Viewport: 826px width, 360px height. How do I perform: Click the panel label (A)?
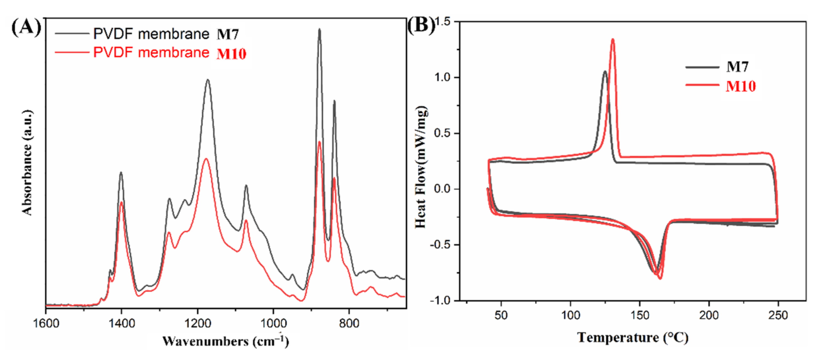tap(26, 28)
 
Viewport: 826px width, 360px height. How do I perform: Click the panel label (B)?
tap(421, 25)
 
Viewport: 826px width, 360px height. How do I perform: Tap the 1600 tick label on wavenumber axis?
tap(46, 323)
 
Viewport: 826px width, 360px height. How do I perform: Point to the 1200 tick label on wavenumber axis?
tap(197, 323)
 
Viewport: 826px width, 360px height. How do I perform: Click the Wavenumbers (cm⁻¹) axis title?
tap(225, 341)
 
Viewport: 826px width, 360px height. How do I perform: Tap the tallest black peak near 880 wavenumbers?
tap(319, 30)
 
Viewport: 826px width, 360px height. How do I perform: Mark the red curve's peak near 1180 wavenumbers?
tap(206, 159)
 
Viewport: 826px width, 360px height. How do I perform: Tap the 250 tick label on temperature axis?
tap(778, 315)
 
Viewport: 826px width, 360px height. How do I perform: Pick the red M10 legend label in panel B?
tap(741, 86)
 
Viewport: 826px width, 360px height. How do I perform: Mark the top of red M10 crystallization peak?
tap(613, 39)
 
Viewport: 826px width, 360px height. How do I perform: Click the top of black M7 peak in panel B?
tap(605, 71)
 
